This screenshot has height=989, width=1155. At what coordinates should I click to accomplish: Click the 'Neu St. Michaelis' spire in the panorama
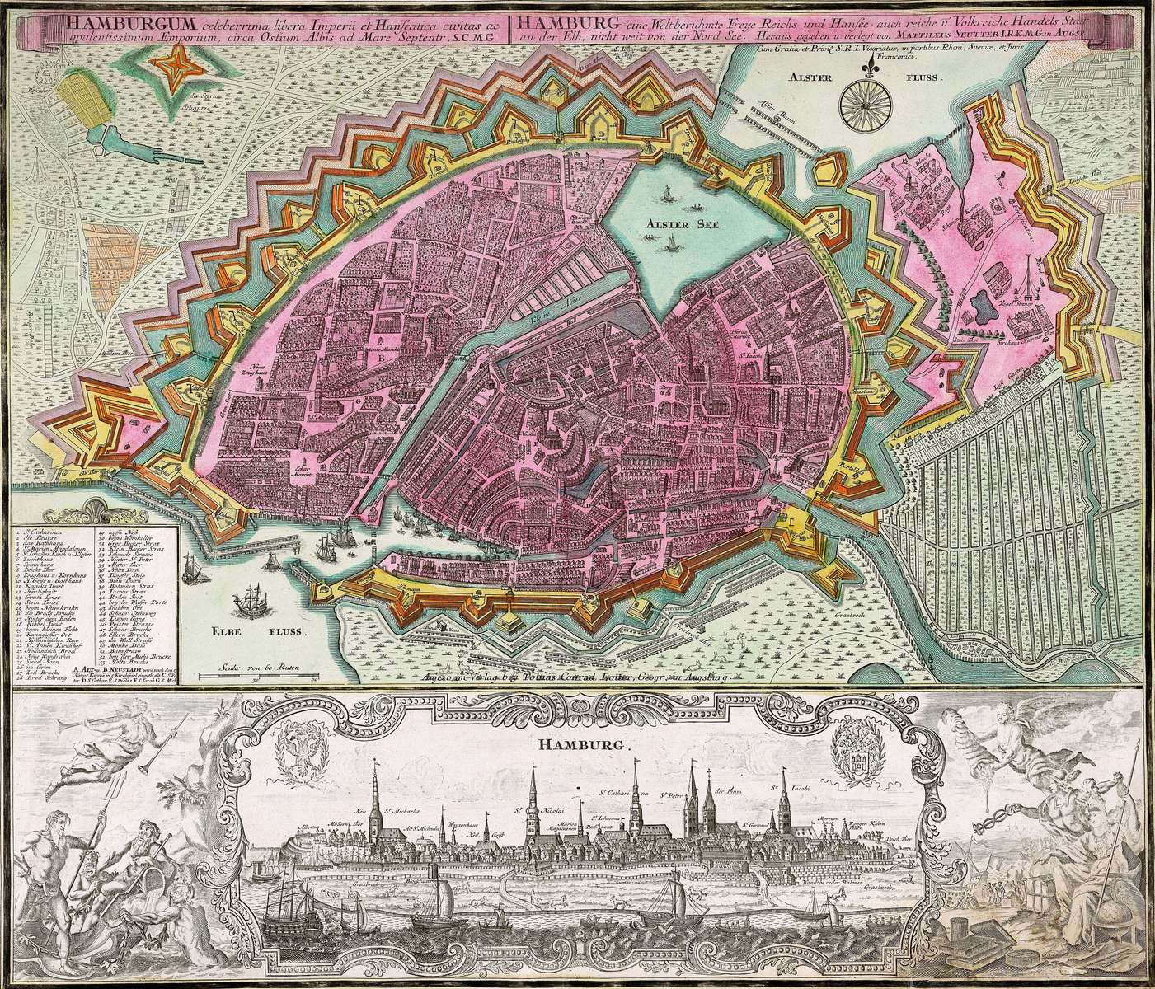point(376,787)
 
